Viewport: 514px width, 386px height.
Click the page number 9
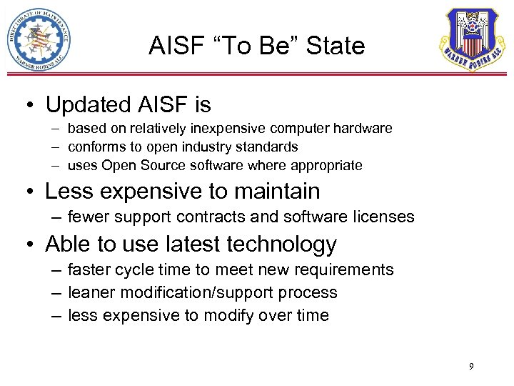point(471,367)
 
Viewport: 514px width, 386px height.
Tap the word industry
point(214,147)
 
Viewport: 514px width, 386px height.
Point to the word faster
point(87,270)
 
